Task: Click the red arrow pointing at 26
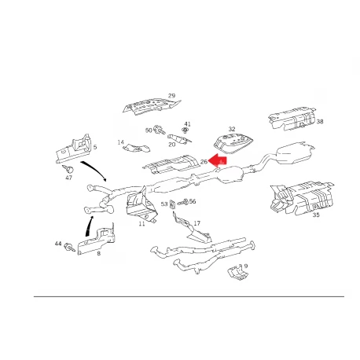(x=218, y=160)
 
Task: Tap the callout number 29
(x=171, y=96)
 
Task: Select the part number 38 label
(x=320, y=122)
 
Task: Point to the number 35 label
(x=316, y=215)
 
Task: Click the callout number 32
(x=232, y=129)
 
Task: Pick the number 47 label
(x=68, y=178)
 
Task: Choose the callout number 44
(x=58, y=244)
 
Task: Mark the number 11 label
(x=141, y=224)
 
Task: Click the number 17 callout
(x=197, y=223)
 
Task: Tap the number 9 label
(x=246, y=266)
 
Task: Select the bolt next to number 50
(x=159, y=129)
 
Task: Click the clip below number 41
(x=186, y=130)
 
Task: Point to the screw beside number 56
(x=183, y=202)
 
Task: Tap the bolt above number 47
(x=68, y=169)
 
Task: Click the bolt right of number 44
(x=69, y=247)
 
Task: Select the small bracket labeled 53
(x=172, y=204)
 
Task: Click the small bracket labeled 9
(x=237, y=273)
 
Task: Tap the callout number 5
(x=95, y=147)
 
